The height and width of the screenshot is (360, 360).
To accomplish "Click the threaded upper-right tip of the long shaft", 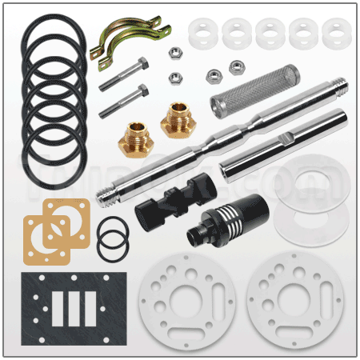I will pyautogui.click(x=341, y=83).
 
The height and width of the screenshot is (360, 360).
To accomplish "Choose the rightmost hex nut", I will pyautogui.click(x=237, y=67).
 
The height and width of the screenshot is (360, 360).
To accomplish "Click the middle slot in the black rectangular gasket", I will pyautogui.click(x=77, y=308).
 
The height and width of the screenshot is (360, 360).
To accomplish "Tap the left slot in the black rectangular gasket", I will pyautogui.click(x=61, y=308).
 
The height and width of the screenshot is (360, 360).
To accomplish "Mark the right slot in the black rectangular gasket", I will pyautogui.click(x=93, y=308).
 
